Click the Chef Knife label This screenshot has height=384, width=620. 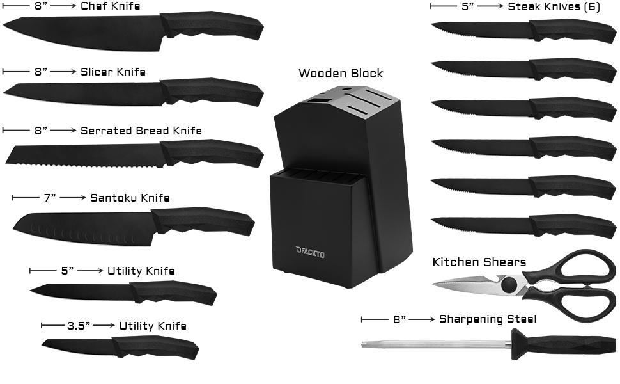[110, 6]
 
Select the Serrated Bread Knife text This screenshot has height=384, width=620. [141, 131]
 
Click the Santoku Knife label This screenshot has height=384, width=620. [130, 198]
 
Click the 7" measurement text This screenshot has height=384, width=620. [50, 198]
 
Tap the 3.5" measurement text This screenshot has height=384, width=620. [79, 326]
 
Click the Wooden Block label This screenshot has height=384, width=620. [341, 73]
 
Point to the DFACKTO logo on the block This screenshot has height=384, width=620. [311, 254]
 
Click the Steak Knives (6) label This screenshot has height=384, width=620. [554, 7]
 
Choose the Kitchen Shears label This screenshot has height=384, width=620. [479, 262]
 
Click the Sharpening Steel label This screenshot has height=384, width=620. [487, 319]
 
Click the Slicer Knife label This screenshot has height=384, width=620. [112, 72]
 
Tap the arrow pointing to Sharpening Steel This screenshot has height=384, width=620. [421, 319]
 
